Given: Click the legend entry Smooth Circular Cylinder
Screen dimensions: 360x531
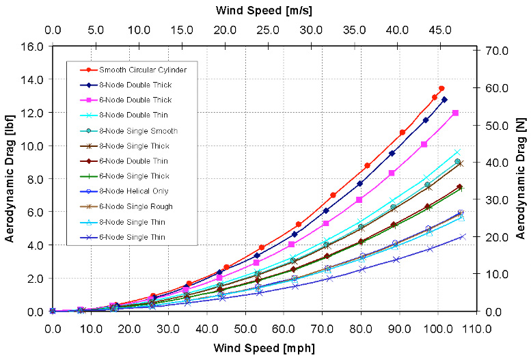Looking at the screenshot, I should pos(143,70).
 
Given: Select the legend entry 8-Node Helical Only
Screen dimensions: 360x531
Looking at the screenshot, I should pos(133,191).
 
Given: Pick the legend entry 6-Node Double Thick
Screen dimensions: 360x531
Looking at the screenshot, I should pos(135,100).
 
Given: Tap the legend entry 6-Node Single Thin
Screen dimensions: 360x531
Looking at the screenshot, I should pos(132,237).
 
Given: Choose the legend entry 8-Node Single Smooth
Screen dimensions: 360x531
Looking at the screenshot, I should pos(138,130).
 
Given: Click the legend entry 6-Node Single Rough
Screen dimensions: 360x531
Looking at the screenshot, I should pos(135,206).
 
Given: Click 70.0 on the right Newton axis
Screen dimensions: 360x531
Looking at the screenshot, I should pos(495,51).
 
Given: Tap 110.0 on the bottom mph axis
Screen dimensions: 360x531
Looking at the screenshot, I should pos(476,327).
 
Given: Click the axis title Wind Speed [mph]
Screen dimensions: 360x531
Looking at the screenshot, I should pos(264,348).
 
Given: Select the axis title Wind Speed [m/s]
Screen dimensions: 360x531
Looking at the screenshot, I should pos(263,10).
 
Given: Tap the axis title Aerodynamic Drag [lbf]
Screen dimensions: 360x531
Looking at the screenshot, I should pos(10,179).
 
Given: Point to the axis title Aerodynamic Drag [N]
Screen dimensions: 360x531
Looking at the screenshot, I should pos(521,179).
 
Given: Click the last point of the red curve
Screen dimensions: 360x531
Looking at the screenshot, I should pos(441,88).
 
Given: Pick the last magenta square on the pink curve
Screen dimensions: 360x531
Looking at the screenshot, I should pos(455,113).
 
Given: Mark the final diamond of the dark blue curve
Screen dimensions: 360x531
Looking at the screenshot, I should pos(444,100).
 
